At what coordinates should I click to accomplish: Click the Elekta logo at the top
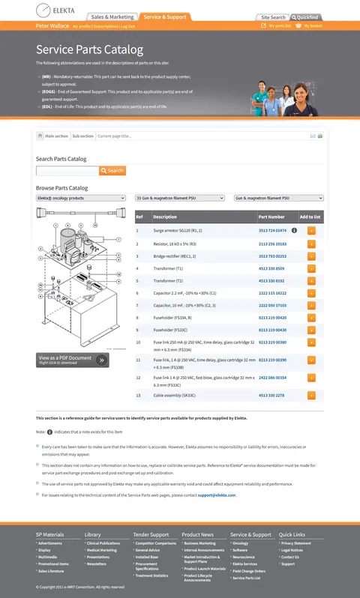pyautogui.click(x=52, y=10)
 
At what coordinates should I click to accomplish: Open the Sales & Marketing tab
pyautogui.click(x=112, y=16)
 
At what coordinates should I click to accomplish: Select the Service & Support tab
pyautogui.click(x=165, y=16)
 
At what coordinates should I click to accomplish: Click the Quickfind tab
pyautogui.click(x=307, y=17)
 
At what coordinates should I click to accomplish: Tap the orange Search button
pyautogui.click(x=113, y=171)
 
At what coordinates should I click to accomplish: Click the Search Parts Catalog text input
pyautogui.click(x=67, y=171)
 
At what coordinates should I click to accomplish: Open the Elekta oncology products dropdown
pyautogui.click(x=80, y=198)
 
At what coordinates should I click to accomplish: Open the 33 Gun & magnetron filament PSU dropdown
pyautogui.click(x=179, y=198)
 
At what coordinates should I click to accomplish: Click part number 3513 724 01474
pyautogui.click(x=272, y=231)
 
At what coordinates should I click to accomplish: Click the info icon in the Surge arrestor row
pyautogui.click(x=294, y=231)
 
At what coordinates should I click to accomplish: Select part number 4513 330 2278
pyautogui.click(x=271, y=395)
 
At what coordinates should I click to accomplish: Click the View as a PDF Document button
pyautogui.click(x=72, y=360)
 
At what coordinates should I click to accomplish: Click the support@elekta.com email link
pyautogui.click(x=217, y=495)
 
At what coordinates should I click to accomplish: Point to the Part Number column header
pyautogui.click(x=271, y=217)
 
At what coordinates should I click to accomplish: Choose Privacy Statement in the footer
pyautogui.click(x=295, y=543)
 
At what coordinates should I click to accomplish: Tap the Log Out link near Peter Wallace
pyautogui.click(x=127, y=26)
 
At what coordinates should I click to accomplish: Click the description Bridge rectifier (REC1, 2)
pyautogui.click(x=175, y=256)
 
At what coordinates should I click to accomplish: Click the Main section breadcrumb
pyautogui.click(x=56, y=136)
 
